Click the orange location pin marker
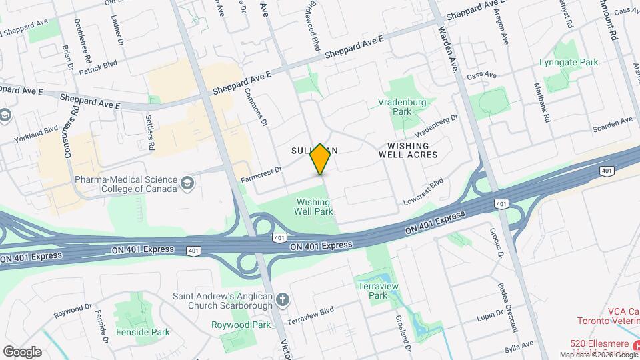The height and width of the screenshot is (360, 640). tap(321, 159)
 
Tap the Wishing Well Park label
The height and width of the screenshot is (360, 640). tap(313, 205)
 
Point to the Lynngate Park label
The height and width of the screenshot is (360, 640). tap(569, 62)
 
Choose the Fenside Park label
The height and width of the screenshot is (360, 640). tap(142, 331)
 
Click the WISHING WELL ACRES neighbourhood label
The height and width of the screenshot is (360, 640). tap(408, 150)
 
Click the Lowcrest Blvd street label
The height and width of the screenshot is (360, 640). tap(423, 192)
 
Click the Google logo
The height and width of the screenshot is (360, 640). tap(22, 351)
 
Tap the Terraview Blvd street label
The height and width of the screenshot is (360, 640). tap(309, 316)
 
